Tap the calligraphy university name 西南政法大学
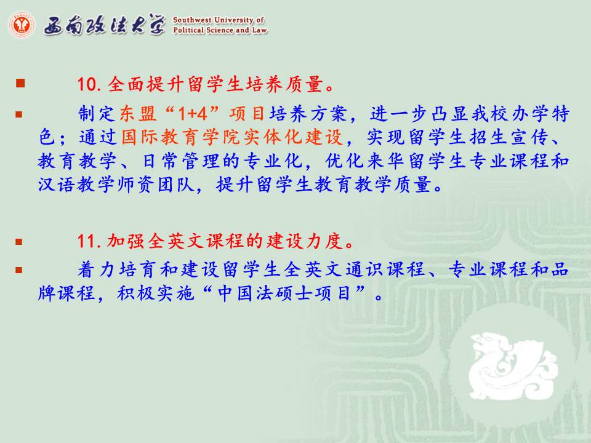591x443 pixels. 105,25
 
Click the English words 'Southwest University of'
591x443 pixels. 219,20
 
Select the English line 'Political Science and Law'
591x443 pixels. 220,30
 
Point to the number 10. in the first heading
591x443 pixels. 89,84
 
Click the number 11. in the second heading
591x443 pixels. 89,241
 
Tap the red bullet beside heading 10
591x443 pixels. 20,83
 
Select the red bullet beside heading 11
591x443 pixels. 19,242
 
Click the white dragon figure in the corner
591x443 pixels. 513,365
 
